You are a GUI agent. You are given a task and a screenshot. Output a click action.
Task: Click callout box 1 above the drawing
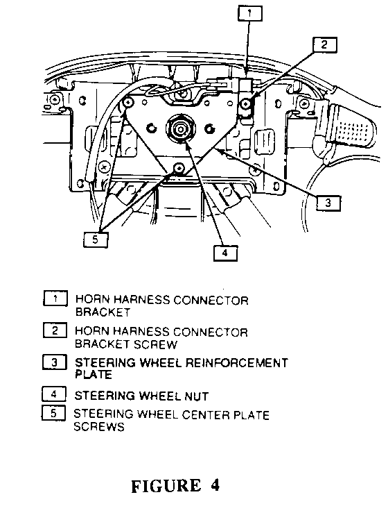click(x=250, y=14)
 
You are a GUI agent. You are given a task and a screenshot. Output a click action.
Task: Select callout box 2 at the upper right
click(x=324, y=44)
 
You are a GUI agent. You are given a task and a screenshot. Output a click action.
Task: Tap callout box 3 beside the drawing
click(x=328, y=203)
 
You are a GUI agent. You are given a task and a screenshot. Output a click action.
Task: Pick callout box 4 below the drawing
click(x=225, y=253)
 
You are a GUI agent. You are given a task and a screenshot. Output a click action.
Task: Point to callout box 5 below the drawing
click(x=96, y=239)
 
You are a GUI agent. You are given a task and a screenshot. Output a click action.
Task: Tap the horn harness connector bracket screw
click(x=246, y=104)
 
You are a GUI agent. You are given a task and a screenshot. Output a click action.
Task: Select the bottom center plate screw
click(x=179, y=168)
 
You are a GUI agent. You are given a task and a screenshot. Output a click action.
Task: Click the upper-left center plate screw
click(x=128, y=103)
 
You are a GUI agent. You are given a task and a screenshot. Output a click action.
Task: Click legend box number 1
click(x=55, y=298)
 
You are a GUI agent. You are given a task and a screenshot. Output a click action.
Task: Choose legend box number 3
click(x=55, y=362)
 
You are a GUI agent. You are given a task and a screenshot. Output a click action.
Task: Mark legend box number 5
click(x=53, y=413)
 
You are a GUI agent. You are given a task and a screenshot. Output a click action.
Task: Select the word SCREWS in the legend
click(x=99, y=426)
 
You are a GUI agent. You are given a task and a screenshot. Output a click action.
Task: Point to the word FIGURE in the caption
click(x=166, y=486)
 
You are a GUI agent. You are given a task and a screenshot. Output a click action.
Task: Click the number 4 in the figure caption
click(x=215, y=485)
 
